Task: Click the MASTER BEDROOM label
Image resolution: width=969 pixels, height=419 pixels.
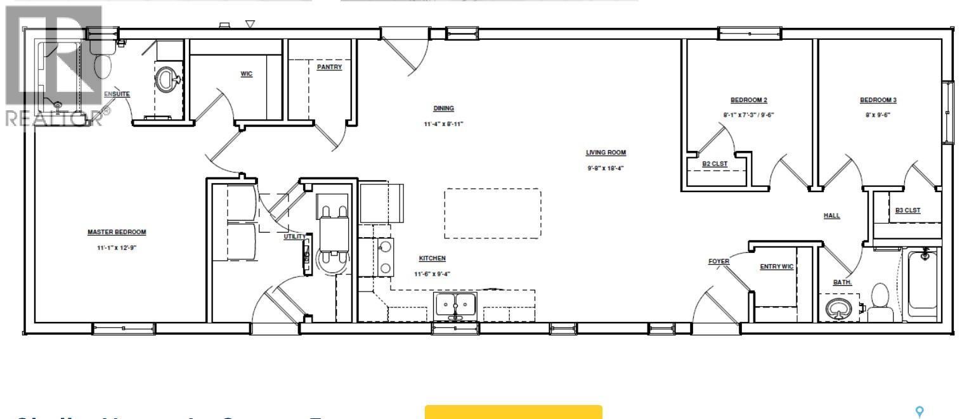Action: click(117, 232)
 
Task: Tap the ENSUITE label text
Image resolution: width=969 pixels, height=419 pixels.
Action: click(117, 94)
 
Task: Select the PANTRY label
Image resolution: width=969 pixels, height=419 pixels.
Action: click(329, 67)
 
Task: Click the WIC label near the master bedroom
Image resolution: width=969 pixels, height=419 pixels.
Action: click(247, 74)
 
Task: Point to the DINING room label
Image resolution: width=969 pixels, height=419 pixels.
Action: click(443, 108)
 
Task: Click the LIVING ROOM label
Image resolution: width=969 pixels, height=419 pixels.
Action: click(606, 153)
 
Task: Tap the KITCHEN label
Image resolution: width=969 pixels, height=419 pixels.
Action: click(432, 259)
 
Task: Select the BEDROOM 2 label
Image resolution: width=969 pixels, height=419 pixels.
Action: click(749, 100)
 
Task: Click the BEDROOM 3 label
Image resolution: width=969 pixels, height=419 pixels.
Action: click(878, 100)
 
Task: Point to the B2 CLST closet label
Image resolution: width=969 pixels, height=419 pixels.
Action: click(714, 164)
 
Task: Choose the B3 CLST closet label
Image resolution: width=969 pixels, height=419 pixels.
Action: click(907, 210)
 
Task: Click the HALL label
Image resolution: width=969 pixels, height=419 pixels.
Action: click(831, 216)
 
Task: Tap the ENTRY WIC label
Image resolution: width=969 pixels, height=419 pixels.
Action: click(776, 267)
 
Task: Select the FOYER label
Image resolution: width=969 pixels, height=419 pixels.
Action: click(719, 262)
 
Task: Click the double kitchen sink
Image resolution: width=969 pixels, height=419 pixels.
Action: click(456, 305)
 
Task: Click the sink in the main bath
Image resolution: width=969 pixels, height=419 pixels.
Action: click(840, 308)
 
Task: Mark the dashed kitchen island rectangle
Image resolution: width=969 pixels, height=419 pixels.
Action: click(493, 213)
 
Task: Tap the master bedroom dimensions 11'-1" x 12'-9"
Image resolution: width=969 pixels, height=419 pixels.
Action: click(117, 248)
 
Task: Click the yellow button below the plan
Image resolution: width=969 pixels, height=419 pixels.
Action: click(513, 412)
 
